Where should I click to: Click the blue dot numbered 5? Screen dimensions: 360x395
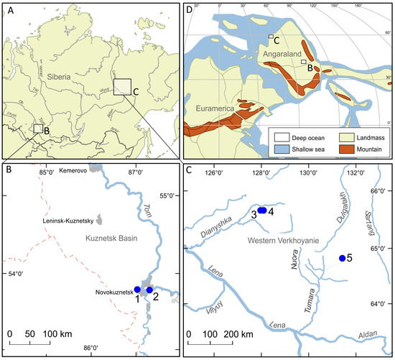[342, 258]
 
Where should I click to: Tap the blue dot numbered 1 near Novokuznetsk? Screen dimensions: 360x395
[137, 289]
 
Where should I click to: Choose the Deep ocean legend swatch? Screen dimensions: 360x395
[277, 136]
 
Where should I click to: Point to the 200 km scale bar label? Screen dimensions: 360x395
[236, 334]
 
